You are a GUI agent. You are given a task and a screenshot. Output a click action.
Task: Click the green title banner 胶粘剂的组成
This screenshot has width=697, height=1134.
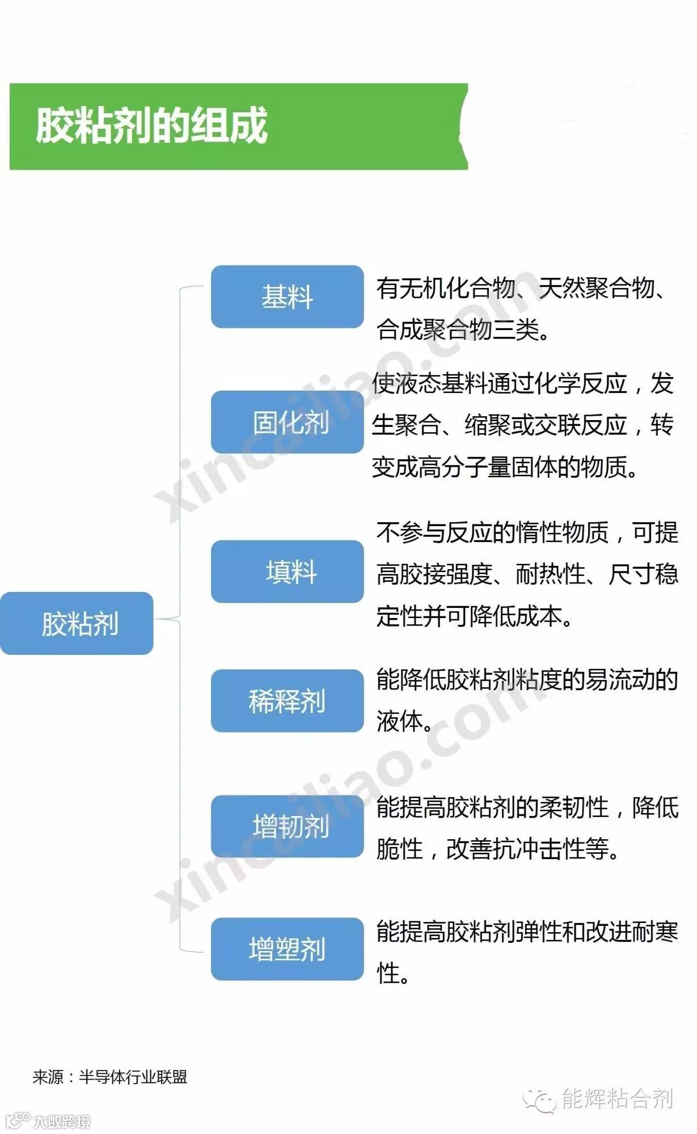coord(238,126)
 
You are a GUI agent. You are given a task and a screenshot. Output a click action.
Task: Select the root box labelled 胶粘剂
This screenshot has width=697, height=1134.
coord(77,623)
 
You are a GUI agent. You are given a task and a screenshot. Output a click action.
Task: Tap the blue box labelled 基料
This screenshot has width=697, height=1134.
coord(287,297)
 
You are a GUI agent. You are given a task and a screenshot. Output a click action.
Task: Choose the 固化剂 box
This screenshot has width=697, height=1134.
coord(287,422)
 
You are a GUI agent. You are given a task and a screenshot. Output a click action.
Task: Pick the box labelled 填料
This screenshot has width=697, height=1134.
coord(287,572)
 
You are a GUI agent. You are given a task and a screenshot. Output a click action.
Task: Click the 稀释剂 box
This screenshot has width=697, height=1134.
coord(287,701)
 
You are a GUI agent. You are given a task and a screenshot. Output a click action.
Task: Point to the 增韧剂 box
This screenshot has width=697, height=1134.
coord(287,826)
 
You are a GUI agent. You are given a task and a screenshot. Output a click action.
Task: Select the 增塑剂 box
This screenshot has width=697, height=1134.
coord(287,949)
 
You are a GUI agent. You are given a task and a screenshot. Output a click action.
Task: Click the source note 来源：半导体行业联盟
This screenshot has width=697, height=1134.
coord(110,1077)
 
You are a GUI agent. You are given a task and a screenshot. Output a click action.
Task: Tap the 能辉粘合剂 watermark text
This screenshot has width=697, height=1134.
coord(617,1098)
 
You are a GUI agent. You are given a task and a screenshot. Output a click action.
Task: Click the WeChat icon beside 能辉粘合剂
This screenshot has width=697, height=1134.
coord(539,1100)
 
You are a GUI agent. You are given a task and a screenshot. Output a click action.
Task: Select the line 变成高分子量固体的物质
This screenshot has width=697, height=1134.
coord(505,467)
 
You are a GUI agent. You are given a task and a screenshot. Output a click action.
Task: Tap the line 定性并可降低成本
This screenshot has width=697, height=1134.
coord(474,616)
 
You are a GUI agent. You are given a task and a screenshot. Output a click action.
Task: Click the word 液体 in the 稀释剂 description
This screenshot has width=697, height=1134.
coord(400,721)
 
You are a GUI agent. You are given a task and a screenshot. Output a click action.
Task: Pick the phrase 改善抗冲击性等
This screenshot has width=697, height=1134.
coord(527,848)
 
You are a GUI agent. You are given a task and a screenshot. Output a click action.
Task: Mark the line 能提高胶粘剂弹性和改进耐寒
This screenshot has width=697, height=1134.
coord(526,931)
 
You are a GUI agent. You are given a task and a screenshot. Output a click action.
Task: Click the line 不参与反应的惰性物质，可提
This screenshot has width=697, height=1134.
coord(526,532)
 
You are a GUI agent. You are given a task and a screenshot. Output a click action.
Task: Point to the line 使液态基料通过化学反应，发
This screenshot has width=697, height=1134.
coord(522,383)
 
